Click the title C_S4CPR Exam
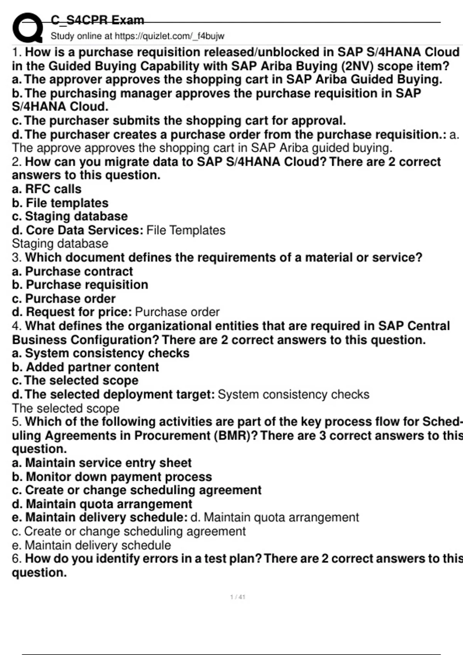coord(97,20)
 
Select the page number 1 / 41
coord(238,597)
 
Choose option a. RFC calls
coord(47,189)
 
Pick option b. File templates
coord(60,203)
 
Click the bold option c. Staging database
coord(70,217)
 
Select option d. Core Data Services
coord(78,230)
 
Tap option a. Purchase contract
coord(73,272)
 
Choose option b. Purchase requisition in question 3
coord(80,285)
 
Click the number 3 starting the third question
coord(15,258)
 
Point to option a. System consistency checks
coord(101,353)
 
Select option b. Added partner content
coord(85,367)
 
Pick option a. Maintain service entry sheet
coord(102,463)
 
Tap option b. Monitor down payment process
coord(112,477)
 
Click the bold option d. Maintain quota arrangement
coord(102,504)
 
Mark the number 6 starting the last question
coord(15,559)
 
